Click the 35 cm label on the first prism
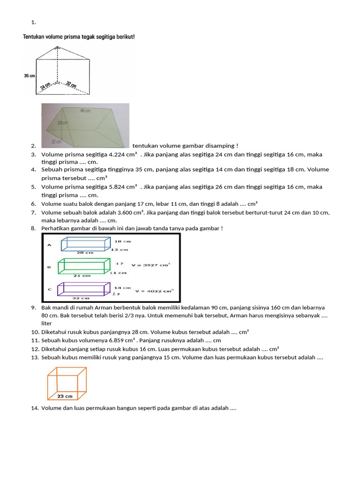(29, 75)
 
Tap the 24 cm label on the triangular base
(46, 86)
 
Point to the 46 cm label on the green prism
(85, 111)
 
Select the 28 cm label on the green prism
(63, 123)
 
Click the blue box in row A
(85, 244)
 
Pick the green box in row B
(82, 266)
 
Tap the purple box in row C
(83, 289)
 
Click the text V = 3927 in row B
(149, 264)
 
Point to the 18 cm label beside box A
(122, 241)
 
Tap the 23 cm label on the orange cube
(65, 396)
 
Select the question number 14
(34, 408)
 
